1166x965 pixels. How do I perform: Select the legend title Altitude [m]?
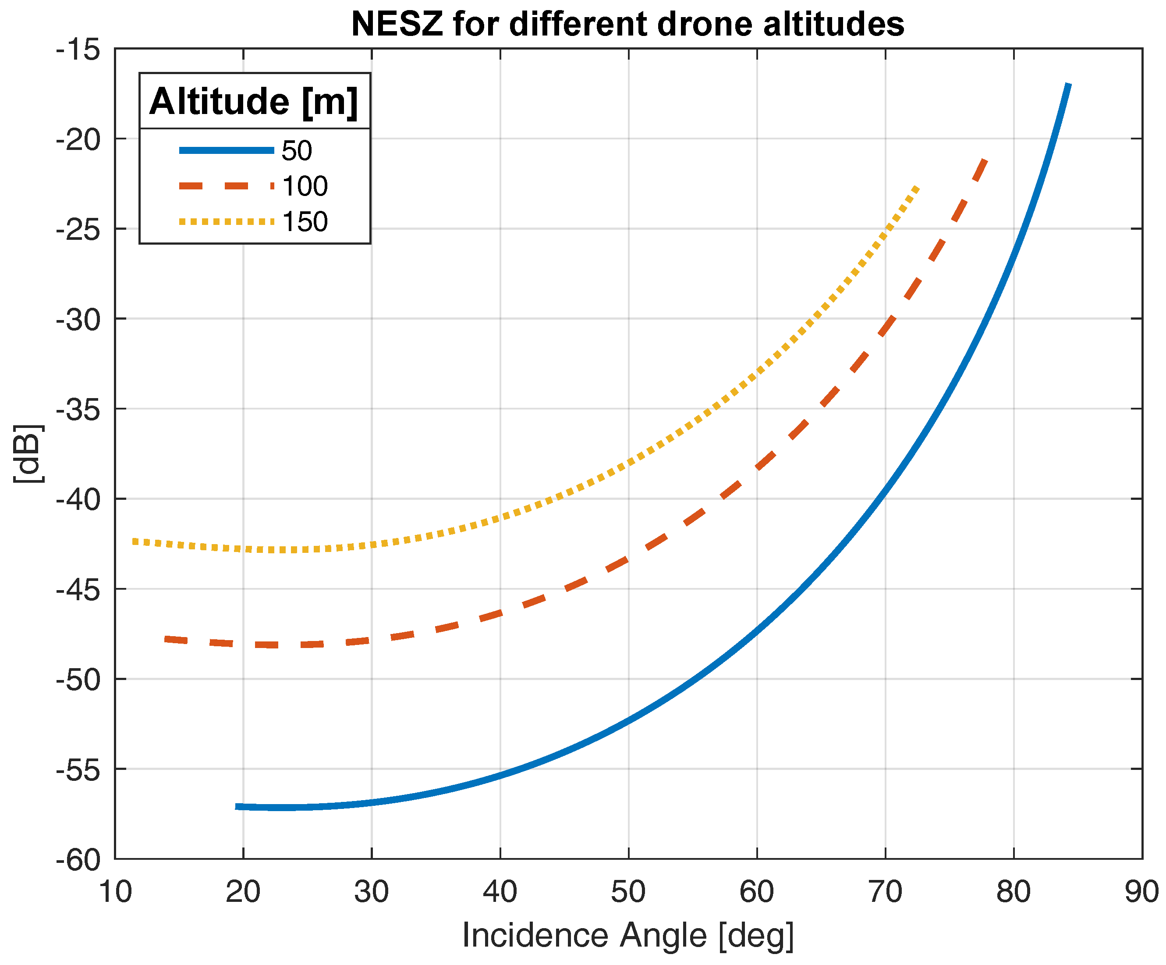(x=254, y=102)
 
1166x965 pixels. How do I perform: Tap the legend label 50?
(x=297, y=150)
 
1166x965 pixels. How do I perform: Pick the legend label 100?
(x=305, y=186)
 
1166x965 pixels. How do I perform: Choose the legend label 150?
(x=305, y=222)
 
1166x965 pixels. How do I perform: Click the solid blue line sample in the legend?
(x=227, y=150)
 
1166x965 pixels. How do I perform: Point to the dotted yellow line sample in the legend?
(x=227, y=222)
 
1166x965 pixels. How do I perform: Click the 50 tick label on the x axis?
(x=628, y=892)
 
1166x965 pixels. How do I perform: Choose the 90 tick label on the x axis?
(x=1141, y=892)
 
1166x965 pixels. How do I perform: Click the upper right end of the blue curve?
(x=1068, y=85)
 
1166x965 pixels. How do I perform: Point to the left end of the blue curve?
(x=237, y=806)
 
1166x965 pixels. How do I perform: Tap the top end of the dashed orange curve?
(x=985, y=160)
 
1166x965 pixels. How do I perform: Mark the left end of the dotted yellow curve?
(x=134, y=541)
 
